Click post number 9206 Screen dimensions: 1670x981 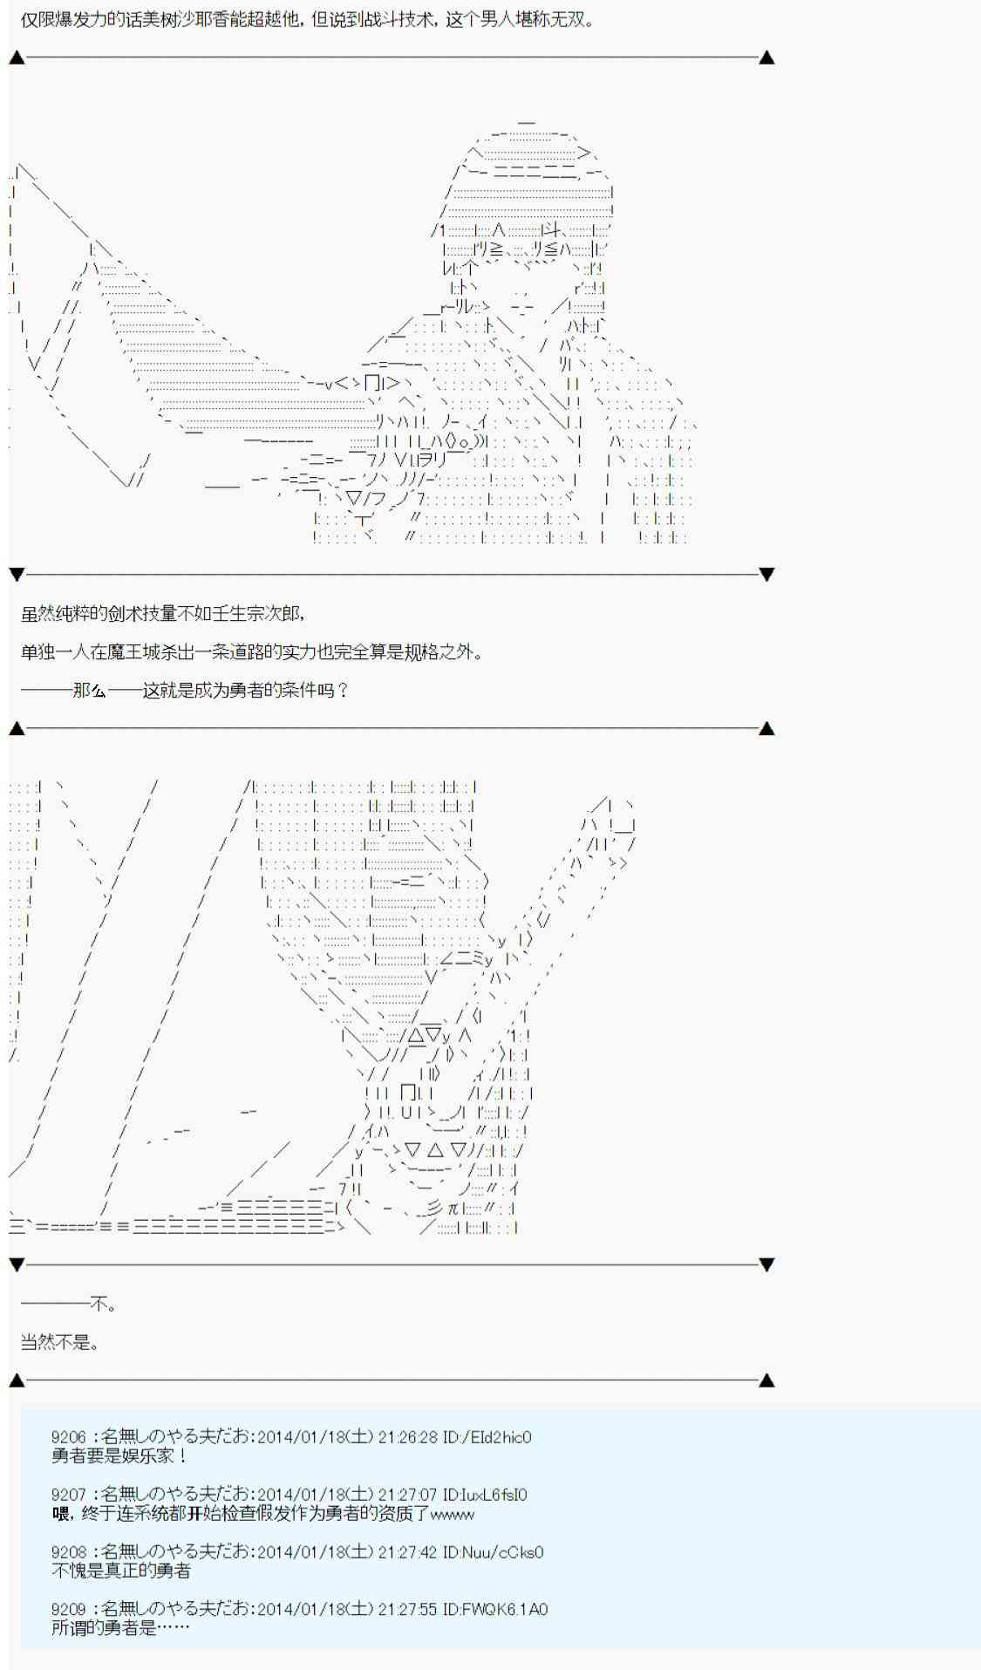click(69, 1437)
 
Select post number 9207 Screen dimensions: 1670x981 click(69, 1495)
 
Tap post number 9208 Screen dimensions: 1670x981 click(69, 1552)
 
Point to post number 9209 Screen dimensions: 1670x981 click(69, 1609)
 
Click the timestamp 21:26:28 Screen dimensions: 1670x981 click(407, 1437)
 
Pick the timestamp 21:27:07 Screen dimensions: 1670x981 click(407, 1495)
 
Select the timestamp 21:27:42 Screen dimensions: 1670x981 click(407, 1552)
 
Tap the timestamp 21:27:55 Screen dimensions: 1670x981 click(407, 1609)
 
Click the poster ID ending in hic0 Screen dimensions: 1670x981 click(487, 1437)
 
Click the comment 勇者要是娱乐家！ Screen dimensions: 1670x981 click(119, 1455)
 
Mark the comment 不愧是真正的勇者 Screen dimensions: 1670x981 click(120, 1571)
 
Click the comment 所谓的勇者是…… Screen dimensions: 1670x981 click(120, 1627)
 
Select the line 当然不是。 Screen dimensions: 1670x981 click(59, 1342)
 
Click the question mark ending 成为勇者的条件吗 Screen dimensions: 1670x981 click(342, 690)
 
